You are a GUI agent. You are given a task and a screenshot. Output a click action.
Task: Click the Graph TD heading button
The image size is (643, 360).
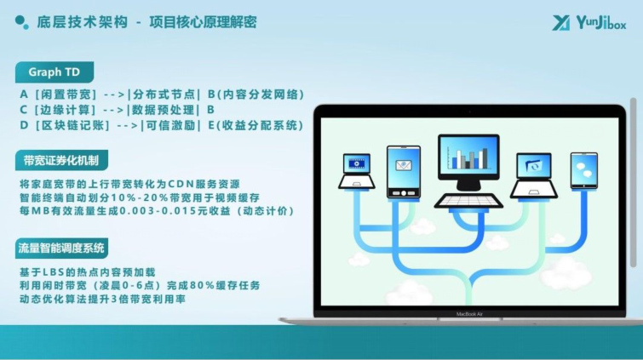click(55, 72)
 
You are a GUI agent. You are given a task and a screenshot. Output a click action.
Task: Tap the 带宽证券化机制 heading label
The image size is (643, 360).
click(61, 160)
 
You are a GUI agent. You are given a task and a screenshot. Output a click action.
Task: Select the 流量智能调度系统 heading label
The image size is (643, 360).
click(61, 248)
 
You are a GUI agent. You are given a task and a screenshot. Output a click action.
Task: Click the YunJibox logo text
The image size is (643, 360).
click(600, 23)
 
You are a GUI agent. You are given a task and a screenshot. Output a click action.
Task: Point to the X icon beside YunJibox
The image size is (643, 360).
click(561, 23)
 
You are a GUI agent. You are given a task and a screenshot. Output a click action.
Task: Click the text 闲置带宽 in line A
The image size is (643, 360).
click(66, 94)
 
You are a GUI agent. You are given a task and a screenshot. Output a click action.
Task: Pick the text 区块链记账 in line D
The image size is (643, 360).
click(72, 125)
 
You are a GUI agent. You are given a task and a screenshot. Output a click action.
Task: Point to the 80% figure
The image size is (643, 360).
click(204, 285)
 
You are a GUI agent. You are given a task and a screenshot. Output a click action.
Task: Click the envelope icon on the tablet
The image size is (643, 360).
click(404, 165)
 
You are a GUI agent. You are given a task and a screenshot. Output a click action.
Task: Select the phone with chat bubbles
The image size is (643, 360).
click(584, 170)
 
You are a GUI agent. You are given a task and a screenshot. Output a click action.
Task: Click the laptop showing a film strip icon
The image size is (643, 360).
click(356, 171)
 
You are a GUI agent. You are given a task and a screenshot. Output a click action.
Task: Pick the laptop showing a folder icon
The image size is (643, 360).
click(533, 175)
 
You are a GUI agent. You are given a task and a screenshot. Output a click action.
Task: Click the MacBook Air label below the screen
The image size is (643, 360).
click(469, 314)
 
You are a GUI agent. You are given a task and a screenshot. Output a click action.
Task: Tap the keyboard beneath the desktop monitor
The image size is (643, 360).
click(468, 201)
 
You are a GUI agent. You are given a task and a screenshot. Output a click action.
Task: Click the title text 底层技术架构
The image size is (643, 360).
click(83, 22)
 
